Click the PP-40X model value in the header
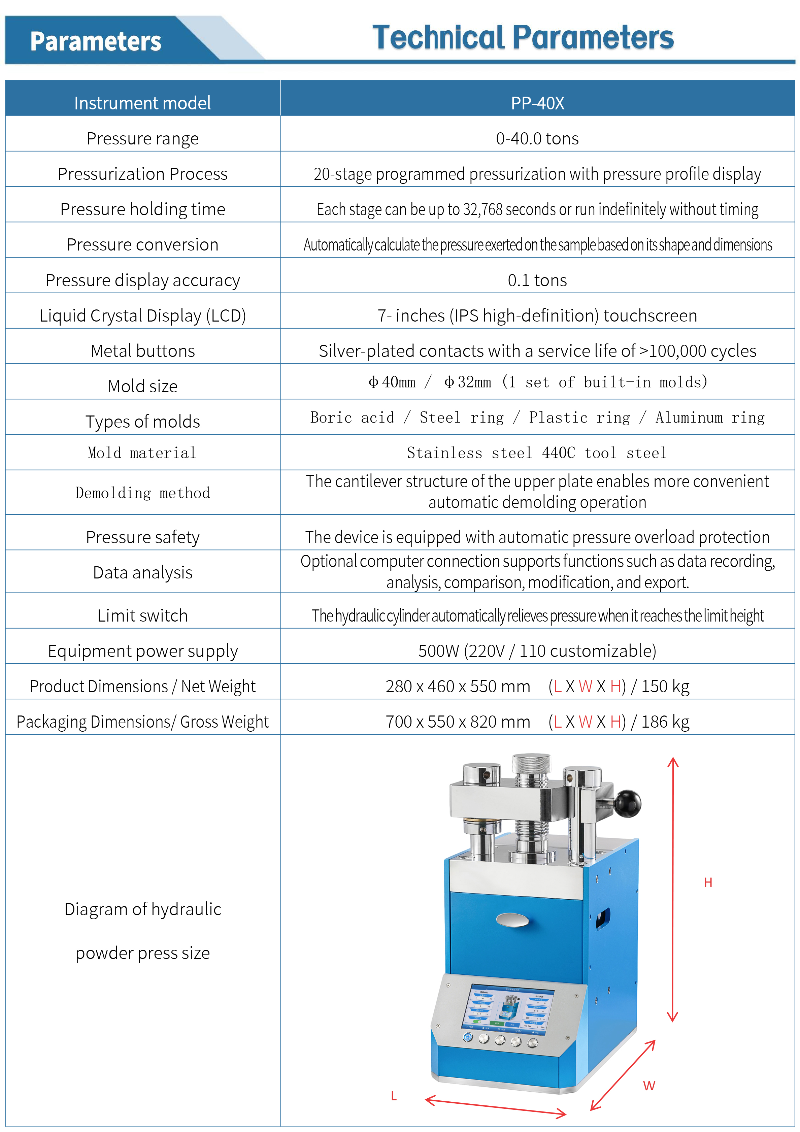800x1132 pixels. pyautogui.click(x=537, y=103)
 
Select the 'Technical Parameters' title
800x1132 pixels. pyautogui.click(x=523, y=38)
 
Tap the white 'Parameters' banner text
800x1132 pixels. pyautogui.click(x=96, y=41)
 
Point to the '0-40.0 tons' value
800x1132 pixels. pyautogui.click(x=537, y=138)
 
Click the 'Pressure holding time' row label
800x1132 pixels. pyautogui.click(x=142, y=209)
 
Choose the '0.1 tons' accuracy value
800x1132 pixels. pyautogui.click(x=537, y=280)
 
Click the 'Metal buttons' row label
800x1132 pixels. pyautogui.click(x=142, y=351)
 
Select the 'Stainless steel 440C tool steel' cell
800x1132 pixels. pyautogui.click(x=537, y=453)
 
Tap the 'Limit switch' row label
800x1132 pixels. pyautogui.click(x=142, y=615)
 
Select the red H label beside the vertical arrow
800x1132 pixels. pyautogui.click(x=708, y=883)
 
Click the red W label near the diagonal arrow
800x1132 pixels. pyautogui.click(x=649, y=1085)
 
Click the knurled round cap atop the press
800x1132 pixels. pyautogui.click(x=531, y=763)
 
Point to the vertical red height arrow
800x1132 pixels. pyautogui.click(x=673, y=888)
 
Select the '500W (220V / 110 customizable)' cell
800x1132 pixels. pyautogui.click(x=537, y=651)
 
